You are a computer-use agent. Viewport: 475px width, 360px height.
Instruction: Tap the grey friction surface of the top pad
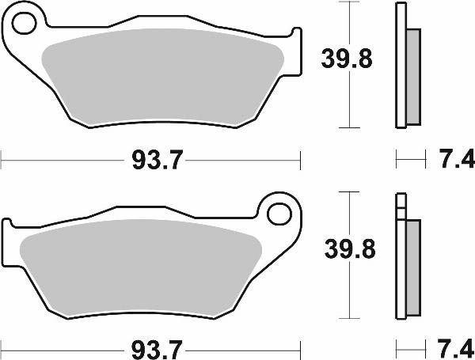click(162, 79)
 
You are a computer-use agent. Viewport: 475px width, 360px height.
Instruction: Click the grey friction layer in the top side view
click(412, 76)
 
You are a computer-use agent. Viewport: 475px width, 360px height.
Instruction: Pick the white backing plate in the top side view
click(399, 63)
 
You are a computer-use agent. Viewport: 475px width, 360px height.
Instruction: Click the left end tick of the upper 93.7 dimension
click(2, 161)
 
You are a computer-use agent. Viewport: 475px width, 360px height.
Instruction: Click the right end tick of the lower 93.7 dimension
click(301, 347)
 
